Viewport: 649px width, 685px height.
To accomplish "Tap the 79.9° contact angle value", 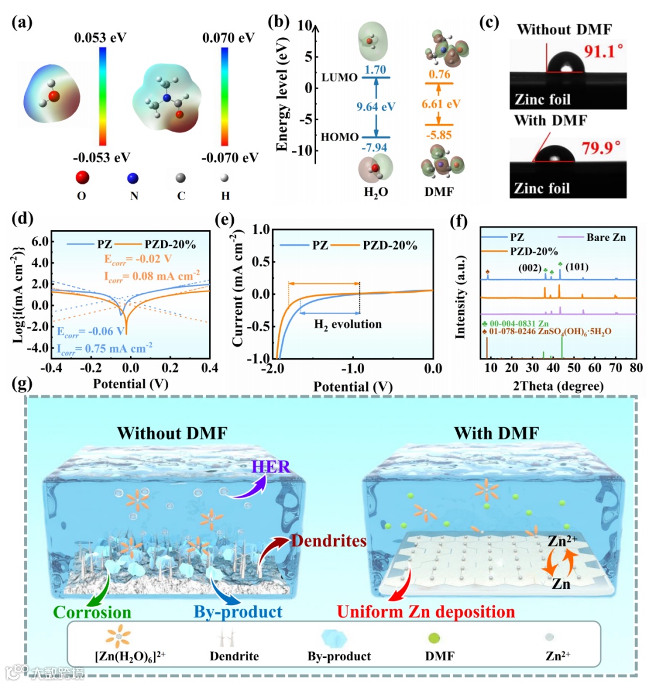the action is tap(600, 147).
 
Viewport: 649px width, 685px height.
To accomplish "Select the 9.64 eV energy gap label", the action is tap(376, 107).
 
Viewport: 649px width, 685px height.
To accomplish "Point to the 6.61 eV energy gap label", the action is tap(440, 104).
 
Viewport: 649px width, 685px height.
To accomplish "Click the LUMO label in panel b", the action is tap(340, 78).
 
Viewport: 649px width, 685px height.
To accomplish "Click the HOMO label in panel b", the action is tap(340, 137).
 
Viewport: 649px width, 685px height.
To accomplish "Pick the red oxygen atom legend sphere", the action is tap(82, 178).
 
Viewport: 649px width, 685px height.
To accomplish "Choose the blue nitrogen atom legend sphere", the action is tap(133, 178).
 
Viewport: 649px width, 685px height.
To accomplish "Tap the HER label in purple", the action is tap(271, 467).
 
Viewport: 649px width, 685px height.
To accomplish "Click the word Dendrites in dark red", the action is tap(329, 541).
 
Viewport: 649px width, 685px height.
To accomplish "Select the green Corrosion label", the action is tap(92, 612).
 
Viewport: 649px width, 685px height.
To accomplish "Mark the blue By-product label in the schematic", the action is tap(237, 612).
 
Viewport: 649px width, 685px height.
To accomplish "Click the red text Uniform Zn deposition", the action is tap(425, 612).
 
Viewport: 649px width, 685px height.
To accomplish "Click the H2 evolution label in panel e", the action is tap(348, 324).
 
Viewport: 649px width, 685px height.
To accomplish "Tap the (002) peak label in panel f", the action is tap(530, 268).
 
